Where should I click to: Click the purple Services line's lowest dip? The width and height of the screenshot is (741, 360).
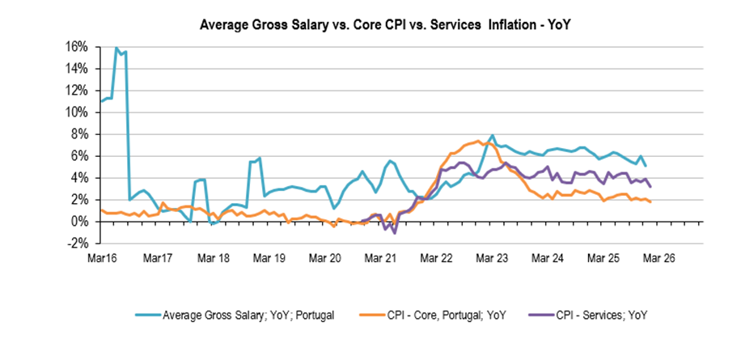click(394, 233)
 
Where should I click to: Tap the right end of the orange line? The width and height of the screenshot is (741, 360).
click(650, 201)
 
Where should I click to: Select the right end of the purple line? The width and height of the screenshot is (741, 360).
click(650, 187)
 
